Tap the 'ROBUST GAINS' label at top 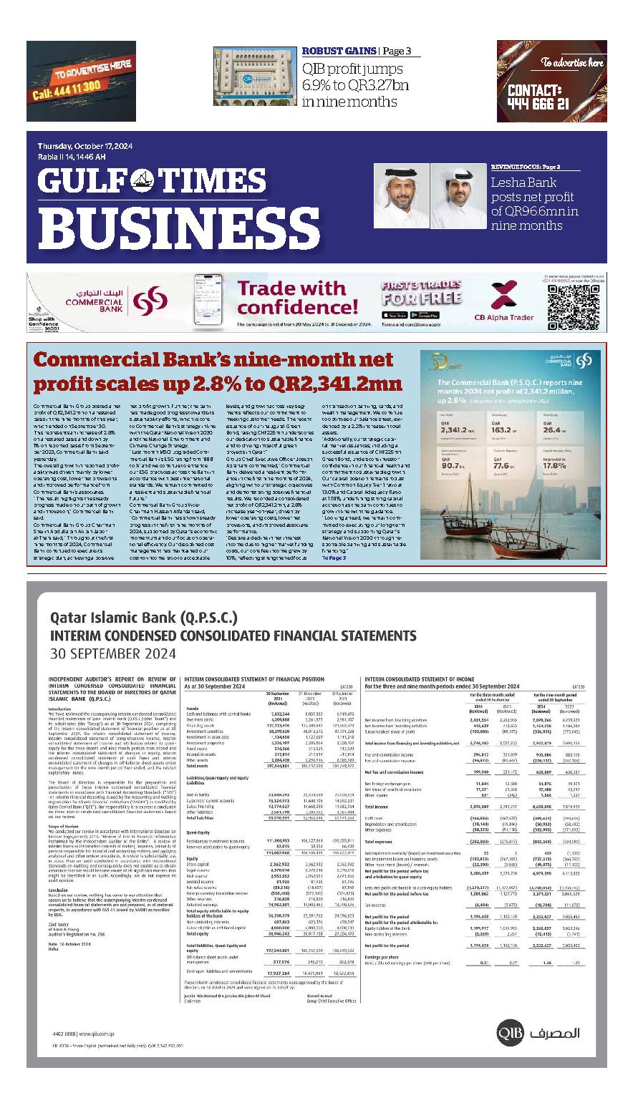click(x=339, y=51)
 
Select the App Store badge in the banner click(x=395, y=315)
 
